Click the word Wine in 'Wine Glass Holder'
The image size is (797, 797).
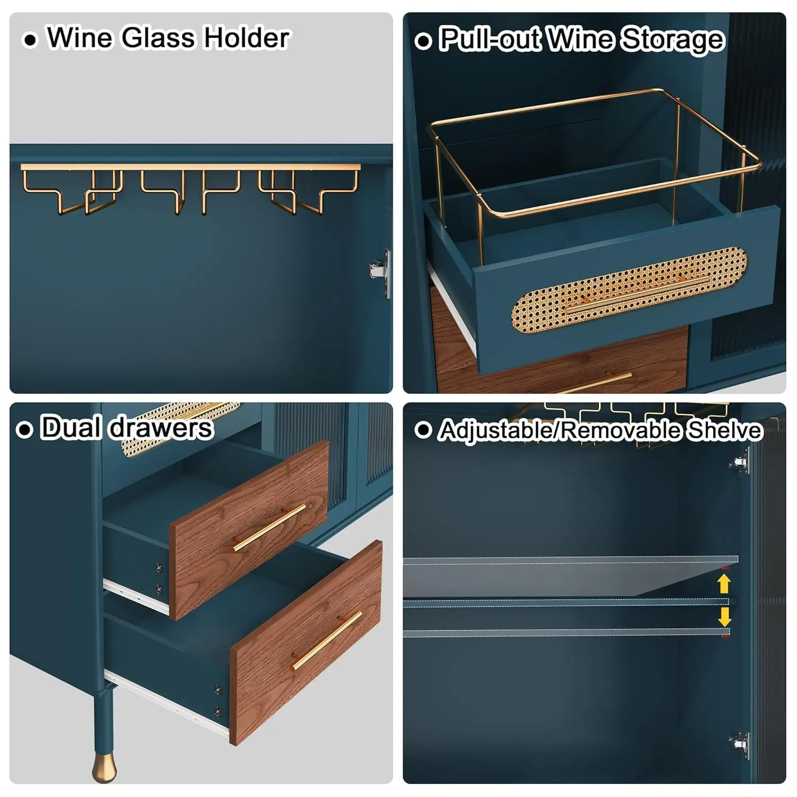[x=80, y=38]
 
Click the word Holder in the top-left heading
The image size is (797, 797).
[x=247, y=38]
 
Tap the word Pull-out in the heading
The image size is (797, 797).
[x=489, y=40]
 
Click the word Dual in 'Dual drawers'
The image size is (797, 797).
[x=71, y=428]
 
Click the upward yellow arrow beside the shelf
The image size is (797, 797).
[x=724, y=584]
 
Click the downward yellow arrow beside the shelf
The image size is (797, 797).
[x=724, y=617]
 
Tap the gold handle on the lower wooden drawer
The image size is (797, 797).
[x=327, y=640]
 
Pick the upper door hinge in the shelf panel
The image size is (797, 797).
[x=740, y=462]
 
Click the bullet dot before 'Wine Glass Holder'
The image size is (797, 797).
[x=31, y=40]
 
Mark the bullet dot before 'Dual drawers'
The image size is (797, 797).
[x=24, y=430]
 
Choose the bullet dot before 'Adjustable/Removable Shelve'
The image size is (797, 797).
[x=423, y=430]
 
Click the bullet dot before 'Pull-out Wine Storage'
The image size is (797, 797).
[x=423, y=41]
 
